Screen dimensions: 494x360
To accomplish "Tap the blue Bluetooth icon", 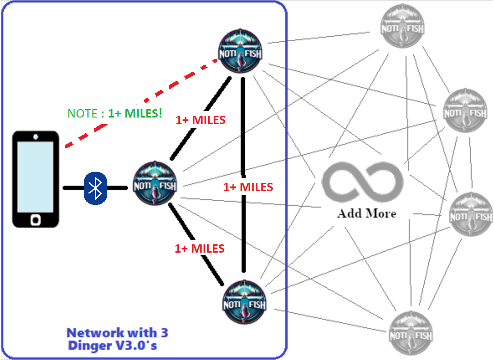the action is tap(95, 188).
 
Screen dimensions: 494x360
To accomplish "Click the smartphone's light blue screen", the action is tap(35, 177).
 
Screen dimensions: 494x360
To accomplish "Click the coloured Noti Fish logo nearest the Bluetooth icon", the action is tap(154, 183).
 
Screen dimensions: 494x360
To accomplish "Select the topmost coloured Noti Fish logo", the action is tap(241, 51).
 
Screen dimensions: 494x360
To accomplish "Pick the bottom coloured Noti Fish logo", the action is tap(245, 302).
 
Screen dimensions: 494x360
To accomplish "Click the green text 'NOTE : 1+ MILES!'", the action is tap(115, 113).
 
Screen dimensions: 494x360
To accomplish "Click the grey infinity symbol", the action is tap(362, 182).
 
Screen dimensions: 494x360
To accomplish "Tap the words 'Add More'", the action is tap(367, 213).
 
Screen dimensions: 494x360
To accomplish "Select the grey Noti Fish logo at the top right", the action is tap(402, 26).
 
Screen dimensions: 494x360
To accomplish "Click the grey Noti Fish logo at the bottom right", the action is tap(411, 333).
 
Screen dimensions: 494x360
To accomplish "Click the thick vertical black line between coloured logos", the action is tap(243, 174).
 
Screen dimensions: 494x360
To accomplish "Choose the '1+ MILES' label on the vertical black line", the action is tap(248, 187).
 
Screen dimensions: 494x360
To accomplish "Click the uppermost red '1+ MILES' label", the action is tap(201, 120).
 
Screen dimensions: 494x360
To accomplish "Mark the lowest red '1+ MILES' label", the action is tap(200, 249).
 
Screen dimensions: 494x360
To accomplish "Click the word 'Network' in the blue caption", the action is tap(95, 333).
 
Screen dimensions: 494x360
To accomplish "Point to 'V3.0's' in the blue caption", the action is tap(136, 346).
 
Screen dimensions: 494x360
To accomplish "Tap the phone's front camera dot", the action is tap(36, 137).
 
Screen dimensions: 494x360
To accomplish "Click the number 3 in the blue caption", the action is tap(165, 333).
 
